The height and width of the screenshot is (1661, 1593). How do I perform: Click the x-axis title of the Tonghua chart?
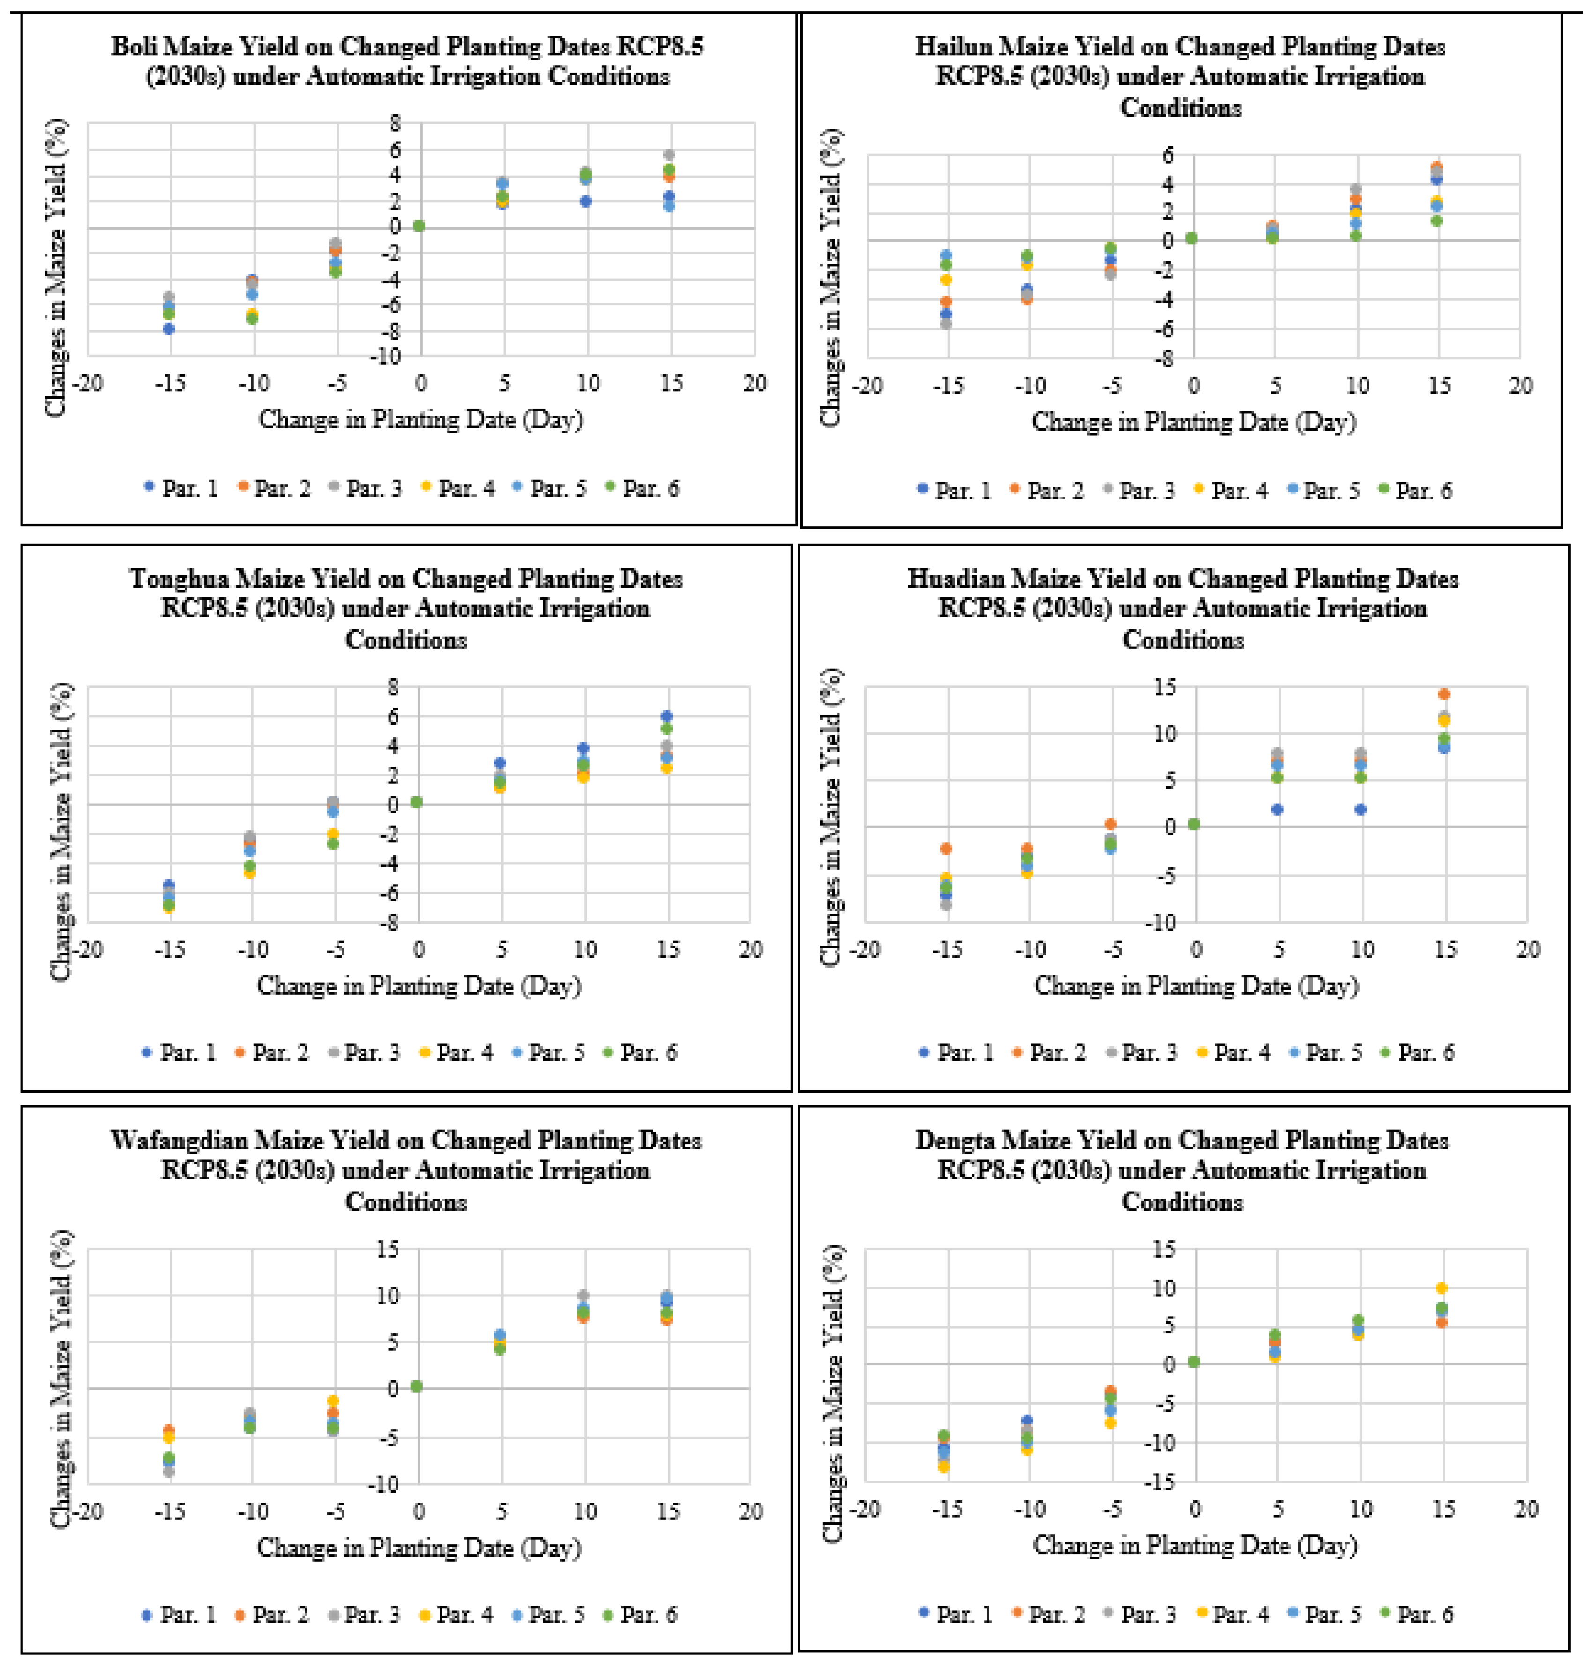(x=419, y=985)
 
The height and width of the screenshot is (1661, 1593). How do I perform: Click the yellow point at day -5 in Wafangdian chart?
(x=333, y=1401)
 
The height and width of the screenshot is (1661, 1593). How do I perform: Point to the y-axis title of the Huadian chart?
(x=832, y=817)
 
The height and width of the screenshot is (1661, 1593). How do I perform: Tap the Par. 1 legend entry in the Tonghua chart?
(x=179, y=1052)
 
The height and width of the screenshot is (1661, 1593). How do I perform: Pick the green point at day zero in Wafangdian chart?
(x=416, y=1386)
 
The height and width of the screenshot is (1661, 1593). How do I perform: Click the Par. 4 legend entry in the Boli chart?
(x=458, y=488)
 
